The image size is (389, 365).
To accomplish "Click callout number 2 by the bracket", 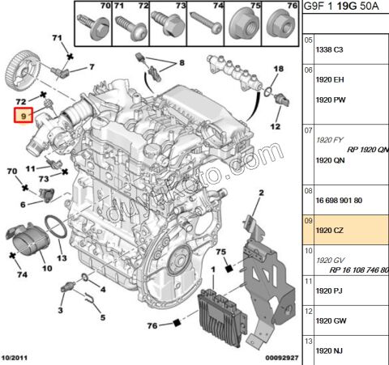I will pos(262,193).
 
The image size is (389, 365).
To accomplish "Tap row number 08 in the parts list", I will pos(308,190).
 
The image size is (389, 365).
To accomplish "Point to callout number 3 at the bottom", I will pos(61,309).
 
